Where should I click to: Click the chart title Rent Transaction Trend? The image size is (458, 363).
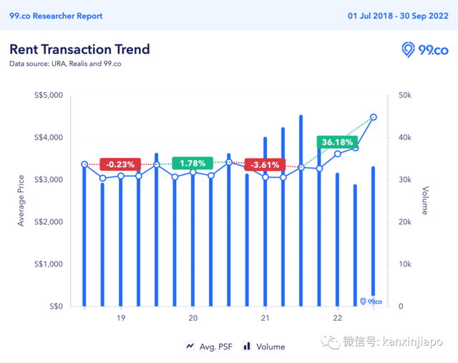click(x=79, y=49)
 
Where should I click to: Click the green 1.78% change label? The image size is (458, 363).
click(x=193, y=164)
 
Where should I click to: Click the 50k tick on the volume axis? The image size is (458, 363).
click(x=406, y=95)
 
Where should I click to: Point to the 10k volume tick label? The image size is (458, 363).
click(x=405, y=264)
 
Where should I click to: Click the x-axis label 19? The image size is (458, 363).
click(x=120, y=319)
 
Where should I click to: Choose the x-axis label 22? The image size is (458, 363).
click(x=337, y=319)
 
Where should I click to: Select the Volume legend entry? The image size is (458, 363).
click(x=264, y=347)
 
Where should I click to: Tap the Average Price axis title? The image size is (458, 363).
click(x=21, y=201)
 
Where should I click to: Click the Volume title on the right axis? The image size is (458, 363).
click(x=425, y=201)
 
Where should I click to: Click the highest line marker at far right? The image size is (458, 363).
click(x=374, y=117)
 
